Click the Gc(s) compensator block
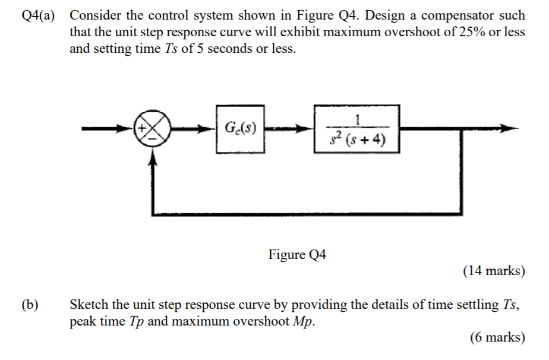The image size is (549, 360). tap(240, 129)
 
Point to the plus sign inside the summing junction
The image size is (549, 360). tap(144, 127)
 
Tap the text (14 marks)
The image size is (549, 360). tap(494, 271)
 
